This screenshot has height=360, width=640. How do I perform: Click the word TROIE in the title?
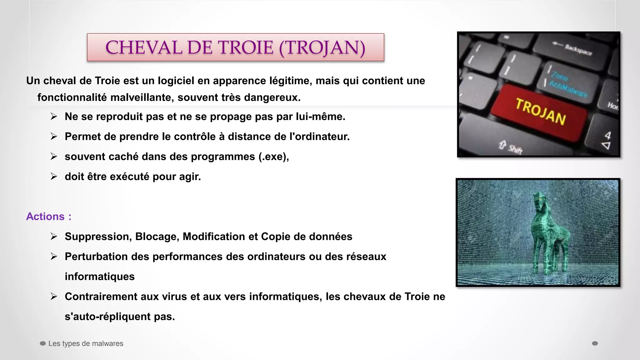245,47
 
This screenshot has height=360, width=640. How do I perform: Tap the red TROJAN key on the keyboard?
540,112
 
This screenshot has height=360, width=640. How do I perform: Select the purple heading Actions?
45,217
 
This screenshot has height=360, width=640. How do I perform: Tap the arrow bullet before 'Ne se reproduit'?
54,117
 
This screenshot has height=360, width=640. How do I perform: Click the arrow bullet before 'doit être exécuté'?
54,177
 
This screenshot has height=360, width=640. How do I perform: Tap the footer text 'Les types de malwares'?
86,343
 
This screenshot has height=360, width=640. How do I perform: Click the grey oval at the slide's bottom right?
595,343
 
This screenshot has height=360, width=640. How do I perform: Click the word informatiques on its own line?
99,277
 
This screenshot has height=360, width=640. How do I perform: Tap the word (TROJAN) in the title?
322,47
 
